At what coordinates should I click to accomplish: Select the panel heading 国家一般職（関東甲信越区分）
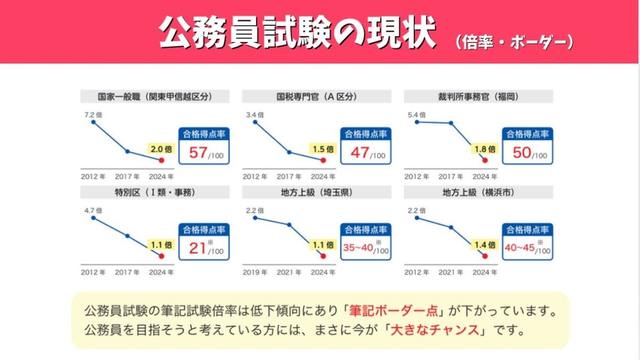[x=155, y=97]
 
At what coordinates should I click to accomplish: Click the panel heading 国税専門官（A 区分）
[x=316, y=97]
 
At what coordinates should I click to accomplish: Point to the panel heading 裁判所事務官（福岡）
[x=478, y=97]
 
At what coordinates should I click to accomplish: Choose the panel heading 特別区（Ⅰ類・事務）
[x=155, y=193]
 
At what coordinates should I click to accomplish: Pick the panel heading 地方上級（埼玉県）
[x=316, y=193]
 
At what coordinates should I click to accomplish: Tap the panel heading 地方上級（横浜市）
[x=478, y=193]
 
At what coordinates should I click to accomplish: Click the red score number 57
[x=198, y=153]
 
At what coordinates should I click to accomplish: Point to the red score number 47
[x=359, y=153]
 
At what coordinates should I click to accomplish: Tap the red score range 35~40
[x=358, y=247]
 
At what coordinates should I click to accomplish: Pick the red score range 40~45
[x=519, y=247]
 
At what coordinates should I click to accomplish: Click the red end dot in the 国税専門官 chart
[x=323, y=159]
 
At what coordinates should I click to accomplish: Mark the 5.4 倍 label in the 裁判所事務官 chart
[x=416, y=115]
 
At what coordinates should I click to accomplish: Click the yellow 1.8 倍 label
[x=484, y=149]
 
